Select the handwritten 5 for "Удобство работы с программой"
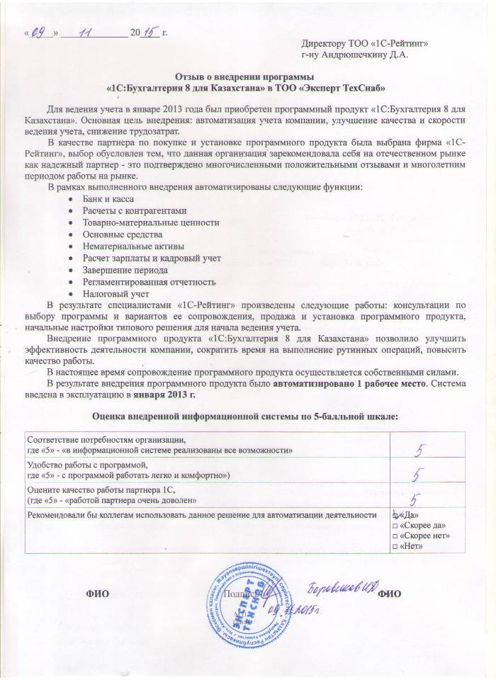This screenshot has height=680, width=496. [419, 473]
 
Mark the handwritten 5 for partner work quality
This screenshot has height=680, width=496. [417, 500]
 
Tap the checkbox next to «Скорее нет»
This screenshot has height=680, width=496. [395, 535]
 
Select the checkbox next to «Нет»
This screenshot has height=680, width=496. [395, 547]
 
